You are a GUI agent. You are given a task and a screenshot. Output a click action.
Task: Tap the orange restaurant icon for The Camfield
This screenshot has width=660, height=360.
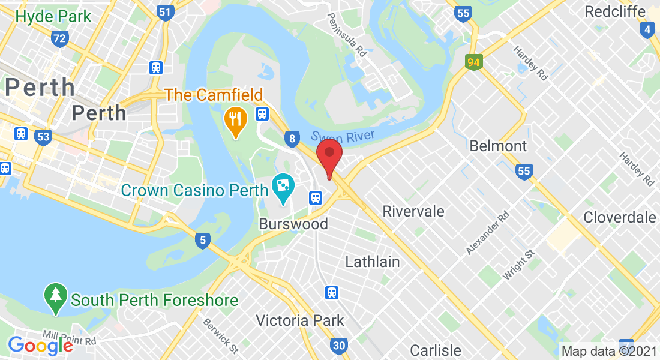point(236,119)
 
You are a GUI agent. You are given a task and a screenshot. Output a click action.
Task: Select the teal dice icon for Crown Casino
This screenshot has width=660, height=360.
point(282,187)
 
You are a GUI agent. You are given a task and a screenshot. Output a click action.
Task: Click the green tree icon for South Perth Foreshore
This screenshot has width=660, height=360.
point(56,298)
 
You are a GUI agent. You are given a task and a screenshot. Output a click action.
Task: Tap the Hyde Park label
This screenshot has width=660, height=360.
point(53,16)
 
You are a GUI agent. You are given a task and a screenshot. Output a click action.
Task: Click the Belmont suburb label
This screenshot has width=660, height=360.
point(498,146)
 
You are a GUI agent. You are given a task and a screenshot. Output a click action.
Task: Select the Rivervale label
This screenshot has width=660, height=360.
point(413,211)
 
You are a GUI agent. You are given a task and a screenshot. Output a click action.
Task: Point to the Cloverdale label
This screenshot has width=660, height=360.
point(620,217)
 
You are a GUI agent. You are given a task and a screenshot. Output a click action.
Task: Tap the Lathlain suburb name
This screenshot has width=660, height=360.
point(373,262)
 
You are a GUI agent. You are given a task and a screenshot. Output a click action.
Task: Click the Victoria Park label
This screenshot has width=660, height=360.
point(300,320)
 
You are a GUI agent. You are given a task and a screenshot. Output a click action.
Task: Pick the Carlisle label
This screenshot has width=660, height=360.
point(436,350)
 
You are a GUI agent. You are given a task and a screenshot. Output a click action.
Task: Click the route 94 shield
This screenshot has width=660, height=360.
point(474,61)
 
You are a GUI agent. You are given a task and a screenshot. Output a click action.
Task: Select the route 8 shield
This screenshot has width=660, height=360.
point(292,139)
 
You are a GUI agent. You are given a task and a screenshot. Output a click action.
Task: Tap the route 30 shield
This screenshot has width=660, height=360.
point(339,345)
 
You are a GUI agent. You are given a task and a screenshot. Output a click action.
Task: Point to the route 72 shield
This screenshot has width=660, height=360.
point(59,40)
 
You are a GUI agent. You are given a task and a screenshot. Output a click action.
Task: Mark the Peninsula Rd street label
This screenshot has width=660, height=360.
point(347,37)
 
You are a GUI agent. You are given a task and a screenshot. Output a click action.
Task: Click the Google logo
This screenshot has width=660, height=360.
point(40,345)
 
